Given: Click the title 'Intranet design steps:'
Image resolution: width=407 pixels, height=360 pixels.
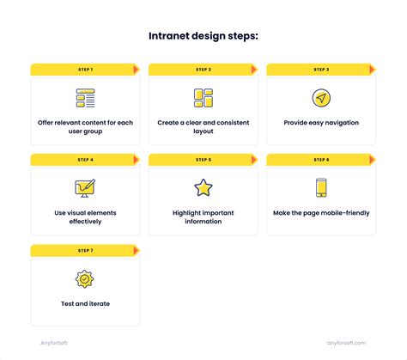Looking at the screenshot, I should [203, 37].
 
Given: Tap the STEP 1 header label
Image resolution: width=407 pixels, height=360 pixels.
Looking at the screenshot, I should [85, 70].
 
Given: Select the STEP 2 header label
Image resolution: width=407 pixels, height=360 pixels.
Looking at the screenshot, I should [203, 70].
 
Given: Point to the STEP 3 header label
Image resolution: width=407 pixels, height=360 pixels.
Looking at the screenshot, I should [321, 70].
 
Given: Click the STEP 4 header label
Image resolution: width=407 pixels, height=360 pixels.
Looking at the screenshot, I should [85, 160].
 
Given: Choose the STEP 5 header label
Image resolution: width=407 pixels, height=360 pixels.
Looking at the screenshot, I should [203, 160].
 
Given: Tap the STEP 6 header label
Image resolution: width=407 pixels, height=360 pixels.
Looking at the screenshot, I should [321, 160].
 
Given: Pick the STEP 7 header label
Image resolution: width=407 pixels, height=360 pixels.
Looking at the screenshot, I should [85, 250].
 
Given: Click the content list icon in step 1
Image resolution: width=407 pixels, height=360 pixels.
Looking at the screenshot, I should [85, 98].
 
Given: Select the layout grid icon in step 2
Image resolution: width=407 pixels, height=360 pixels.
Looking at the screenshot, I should [203, 98].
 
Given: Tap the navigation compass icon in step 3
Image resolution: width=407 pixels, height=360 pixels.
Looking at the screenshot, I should [321, 98].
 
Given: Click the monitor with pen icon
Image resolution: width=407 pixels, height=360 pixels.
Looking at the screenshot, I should [85, 188].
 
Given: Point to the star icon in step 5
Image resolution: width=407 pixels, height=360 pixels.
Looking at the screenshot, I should [203, 187].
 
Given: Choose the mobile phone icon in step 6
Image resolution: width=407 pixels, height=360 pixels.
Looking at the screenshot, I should [321, 187].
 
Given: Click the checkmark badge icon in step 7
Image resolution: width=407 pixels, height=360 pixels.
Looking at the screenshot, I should [85, 278].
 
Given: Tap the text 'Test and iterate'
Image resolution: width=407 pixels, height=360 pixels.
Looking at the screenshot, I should [85, 303].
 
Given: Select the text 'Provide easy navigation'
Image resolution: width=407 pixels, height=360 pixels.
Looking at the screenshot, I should [321, 123].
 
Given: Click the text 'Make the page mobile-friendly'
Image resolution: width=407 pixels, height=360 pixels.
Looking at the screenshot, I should [321, 213].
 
